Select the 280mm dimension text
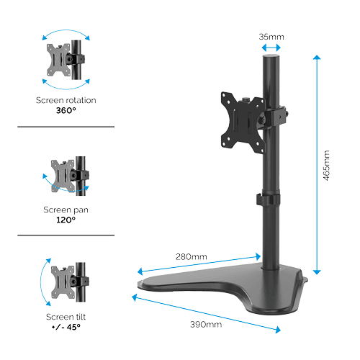[191, 256]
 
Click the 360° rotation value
[66, 111]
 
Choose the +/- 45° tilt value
[66, 326]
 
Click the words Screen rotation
[66, 100]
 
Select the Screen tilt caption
[66, 315]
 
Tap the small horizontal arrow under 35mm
[271, 48]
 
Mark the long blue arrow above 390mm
[205, 311]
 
